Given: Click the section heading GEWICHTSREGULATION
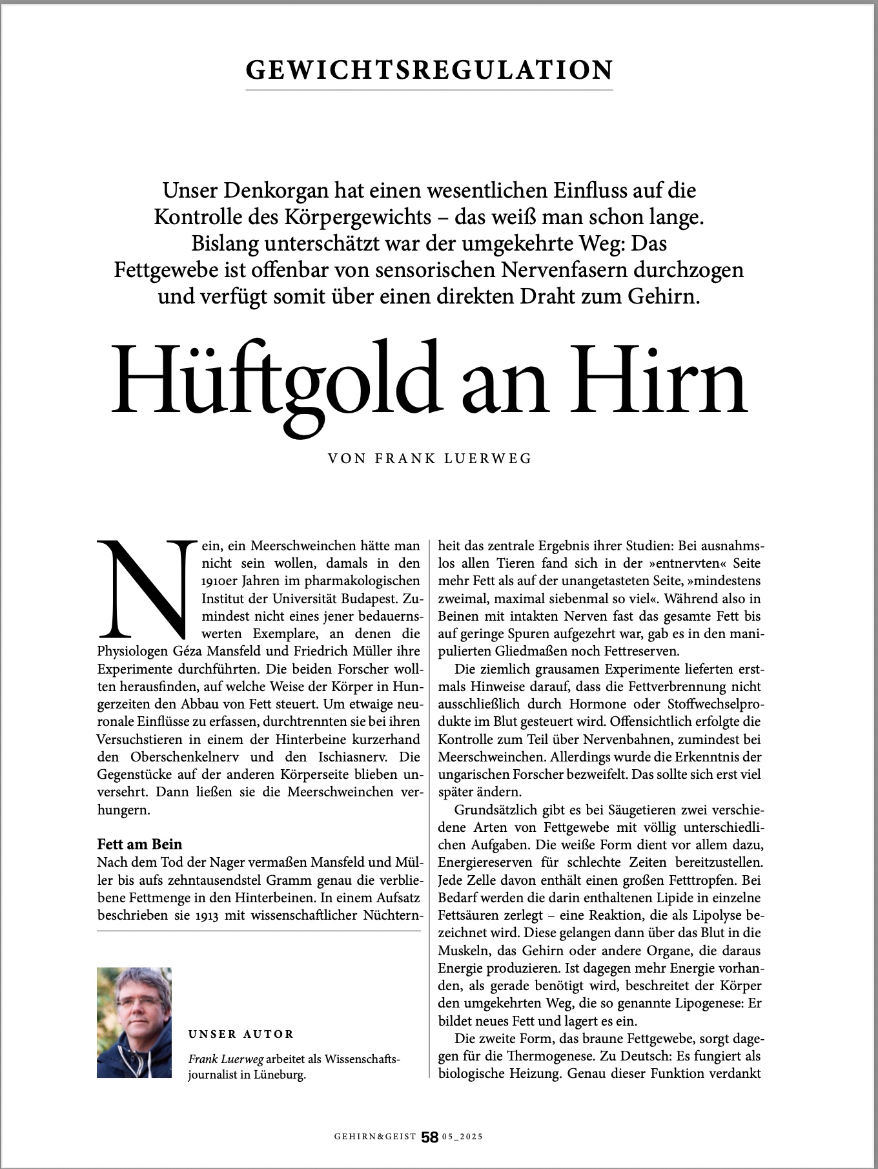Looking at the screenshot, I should coord(429,70).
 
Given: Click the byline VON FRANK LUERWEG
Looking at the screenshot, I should coord(430,459).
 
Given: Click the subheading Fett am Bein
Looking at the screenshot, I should coord(139,844).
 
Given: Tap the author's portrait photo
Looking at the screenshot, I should coord(134,1022).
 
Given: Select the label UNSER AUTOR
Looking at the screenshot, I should coord(241,1034).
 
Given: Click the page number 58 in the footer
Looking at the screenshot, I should coord(429,1137).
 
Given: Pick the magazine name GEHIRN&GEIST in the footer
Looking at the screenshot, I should coord(375,1137).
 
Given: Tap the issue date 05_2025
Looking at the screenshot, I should coord(462,1137).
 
